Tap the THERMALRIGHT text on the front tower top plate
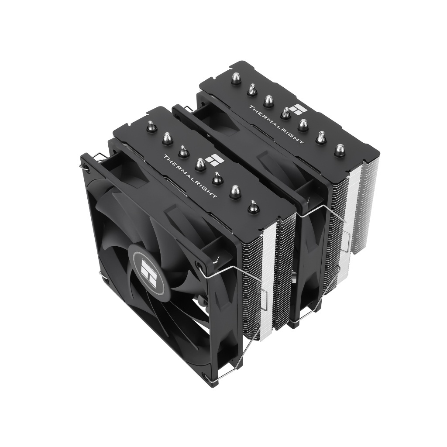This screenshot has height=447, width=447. point(190,176)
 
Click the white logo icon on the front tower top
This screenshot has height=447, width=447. point(216,160)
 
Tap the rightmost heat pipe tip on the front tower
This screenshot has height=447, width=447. point(253,206)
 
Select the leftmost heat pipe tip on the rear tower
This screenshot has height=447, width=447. point(236,79)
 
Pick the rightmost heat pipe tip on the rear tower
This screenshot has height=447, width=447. point(339,150)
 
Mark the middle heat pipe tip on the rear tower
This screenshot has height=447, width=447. point(285,113)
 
